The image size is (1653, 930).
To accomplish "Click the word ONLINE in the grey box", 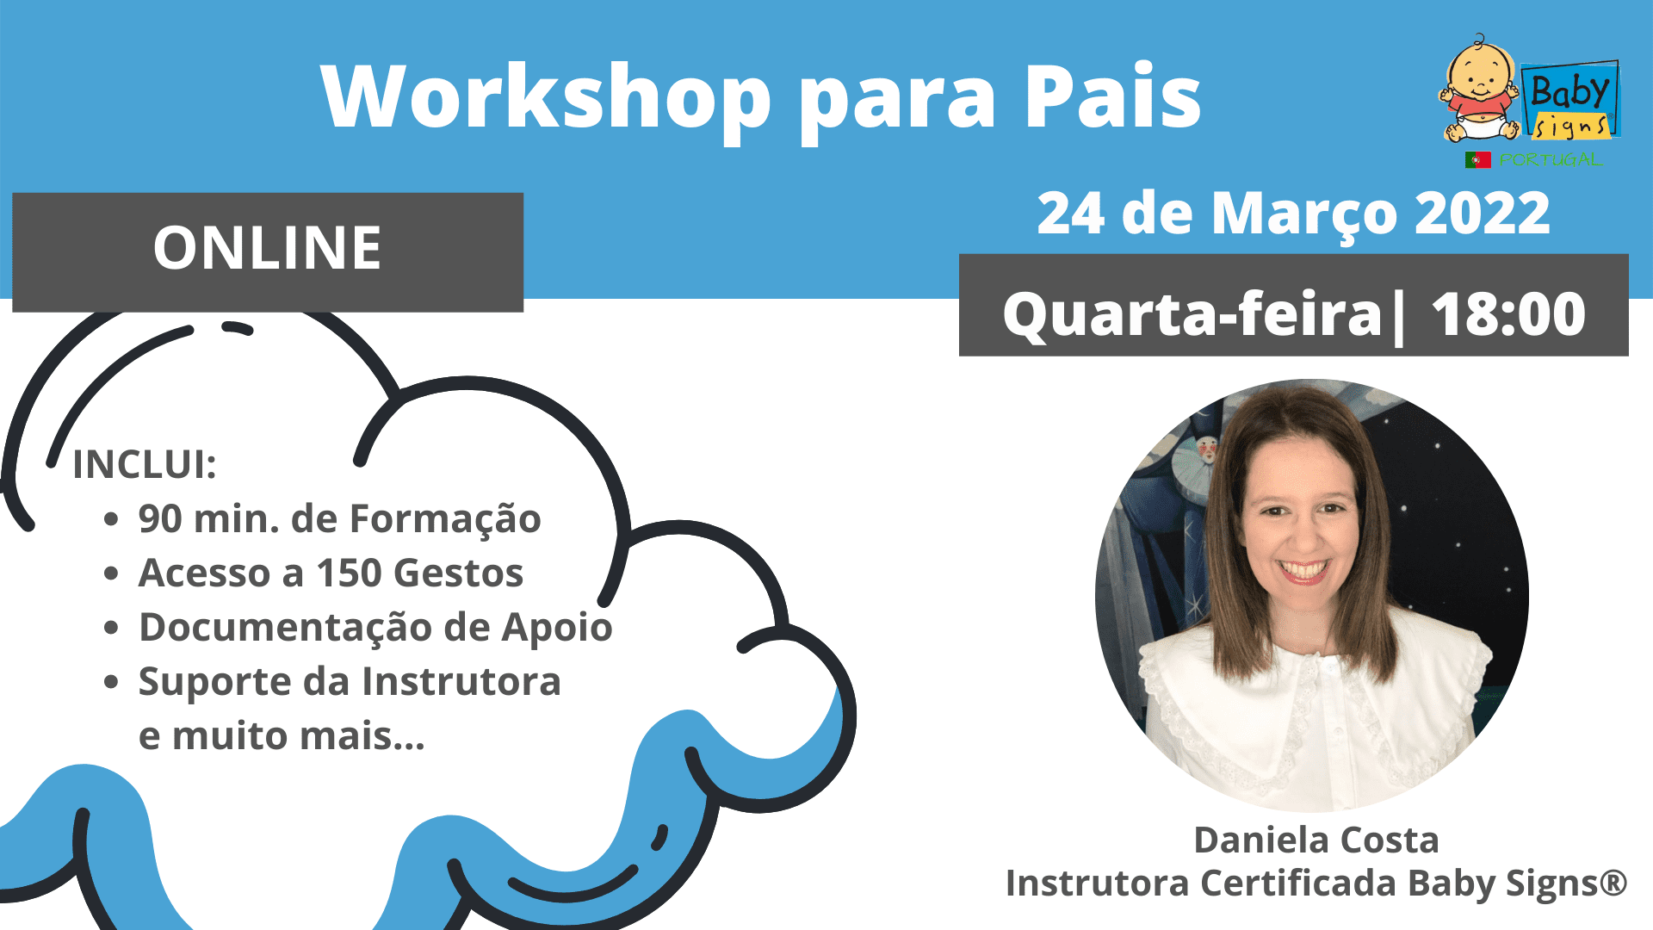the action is [267, 248].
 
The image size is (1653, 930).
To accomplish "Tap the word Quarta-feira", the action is [1192, 315].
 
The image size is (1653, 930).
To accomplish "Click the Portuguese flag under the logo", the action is [1477, 159].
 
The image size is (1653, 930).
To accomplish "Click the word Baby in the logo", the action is [1569, 90].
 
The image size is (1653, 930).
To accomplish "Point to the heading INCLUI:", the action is [145, 464].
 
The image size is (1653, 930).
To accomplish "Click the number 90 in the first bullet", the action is [160, 518].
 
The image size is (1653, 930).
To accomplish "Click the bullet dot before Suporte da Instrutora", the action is [110, 682].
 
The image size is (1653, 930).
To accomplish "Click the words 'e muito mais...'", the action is [282, 735].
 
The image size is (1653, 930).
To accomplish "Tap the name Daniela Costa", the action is [1316, 840].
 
